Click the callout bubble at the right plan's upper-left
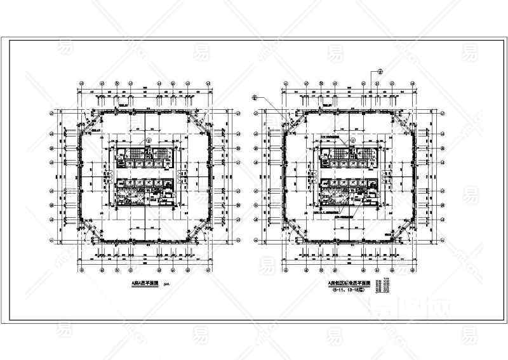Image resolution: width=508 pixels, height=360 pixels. click(255, 97)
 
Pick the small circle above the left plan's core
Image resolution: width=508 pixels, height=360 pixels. click(149, 140)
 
